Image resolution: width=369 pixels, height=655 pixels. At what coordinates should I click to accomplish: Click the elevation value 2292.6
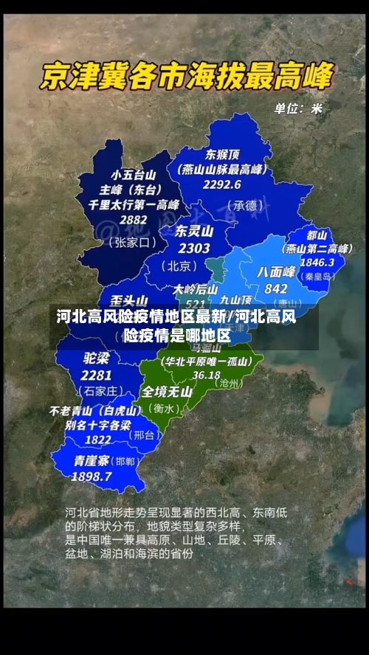click(x=222, y=184)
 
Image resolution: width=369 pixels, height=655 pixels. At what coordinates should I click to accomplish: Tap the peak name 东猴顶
click(x=222, y=155)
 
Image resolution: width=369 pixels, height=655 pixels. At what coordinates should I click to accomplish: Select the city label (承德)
click(x=244, y=204)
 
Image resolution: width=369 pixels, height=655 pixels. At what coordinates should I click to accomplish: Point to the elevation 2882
click(x=133, y=219)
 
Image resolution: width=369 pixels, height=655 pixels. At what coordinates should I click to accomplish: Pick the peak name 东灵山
click(x=194, y=231)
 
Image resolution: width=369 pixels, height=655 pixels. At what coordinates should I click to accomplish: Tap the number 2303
click(x=194, y=249)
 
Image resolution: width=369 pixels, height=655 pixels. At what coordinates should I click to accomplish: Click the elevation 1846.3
click(x=317, y=262)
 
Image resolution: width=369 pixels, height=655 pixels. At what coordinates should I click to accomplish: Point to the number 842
click(x=275, y=288)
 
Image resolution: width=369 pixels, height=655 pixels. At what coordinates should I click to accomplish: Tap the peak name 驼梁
click(x=96, y=358)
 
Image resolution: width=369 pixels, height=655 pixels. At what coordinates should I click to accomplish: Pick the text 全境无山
click(x=167, y=392)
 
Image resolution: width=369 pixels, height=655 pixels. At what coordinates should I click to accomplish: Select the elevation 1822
click(x=97, y=439)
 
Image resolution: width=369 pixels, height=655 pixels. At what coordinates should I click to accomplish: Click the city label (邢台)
click(x=144, y=435)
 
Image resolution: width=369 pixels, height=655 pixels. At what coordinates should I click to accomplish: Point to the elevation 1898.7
click(x=92, y=476)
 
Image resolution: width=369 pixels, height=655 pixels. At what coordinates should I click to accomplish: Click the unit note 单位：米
click(x=298, y=108)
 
